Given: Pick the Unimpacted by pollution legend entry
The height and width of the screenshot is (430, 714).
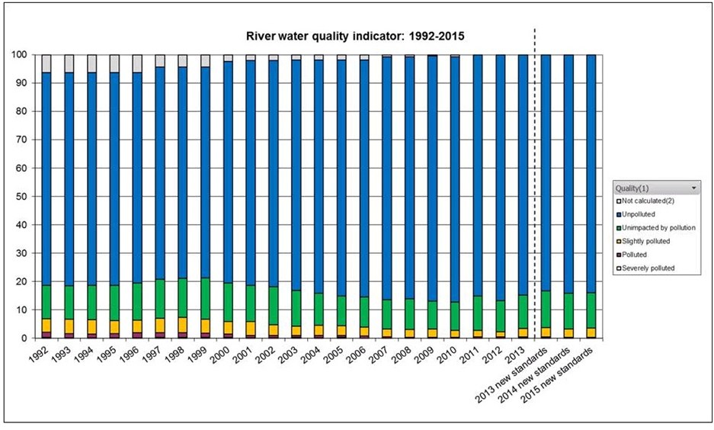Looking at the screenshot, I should click(658, 228).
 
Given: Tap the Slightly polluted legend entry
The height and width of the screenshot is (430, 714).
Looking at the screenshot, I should click(645, 241).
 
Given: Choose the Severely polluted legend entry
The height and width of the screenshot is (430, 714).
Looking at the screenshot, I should click(648, 268).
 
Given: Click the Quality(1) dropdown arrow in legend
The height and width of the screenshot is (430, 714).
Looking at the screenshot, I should click(693, 187).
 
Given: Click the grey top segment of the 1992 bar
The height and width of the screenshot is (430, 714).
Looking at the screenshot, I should click(47, 63).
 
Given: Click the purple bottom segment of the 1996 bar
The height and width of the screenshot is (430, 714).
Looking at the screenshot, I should click(138, 335).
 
